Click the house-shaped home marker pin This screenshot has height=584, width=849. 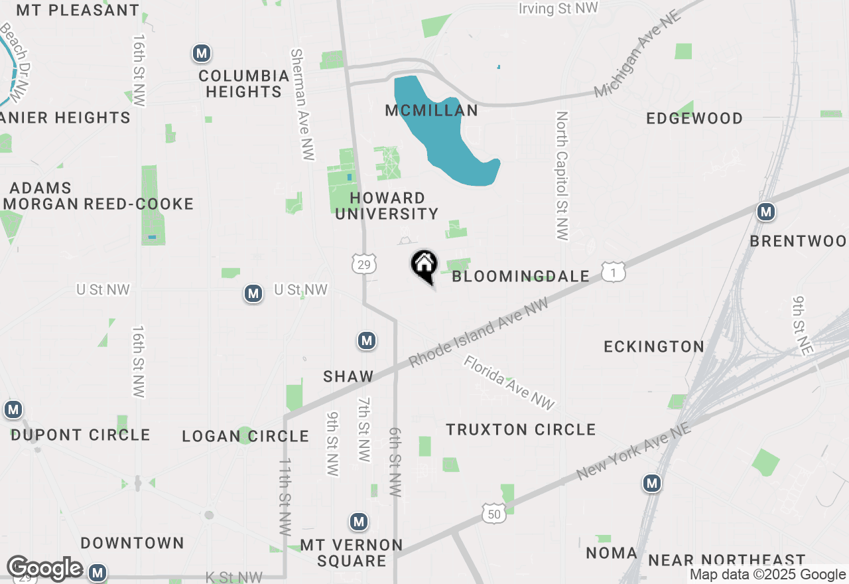point(424,265)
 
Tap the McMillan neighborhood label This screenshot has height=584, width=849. point(432,111)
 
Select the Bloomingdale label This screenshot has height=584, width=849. point(521,276)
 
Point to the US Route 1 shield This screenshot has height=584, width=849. point(614,271)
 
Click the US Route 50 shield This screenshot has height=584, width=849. point(494,513)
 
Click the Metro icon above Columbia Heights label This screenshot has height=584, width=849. point(202,53)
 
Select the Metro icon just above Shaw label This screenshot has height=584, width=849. point(367,341)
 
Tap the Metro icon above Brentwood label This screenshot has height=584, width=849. point(766,212)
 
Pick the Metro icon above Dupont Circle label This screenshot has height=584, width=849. point(13,409)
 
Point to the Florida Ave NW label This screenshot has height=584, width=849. point(509,383)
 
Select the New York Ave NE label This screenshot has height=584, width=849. point(633,453)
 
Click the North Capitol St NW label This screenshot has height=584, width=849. point(562,176)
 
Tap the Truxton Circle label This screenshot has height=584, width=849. point(521,429)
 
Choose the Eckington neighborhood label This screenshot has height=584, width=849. point(654,346)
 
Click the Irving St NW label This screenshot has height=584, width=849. point(558,8)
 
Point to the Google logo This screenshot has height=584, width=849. point(44,569)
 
